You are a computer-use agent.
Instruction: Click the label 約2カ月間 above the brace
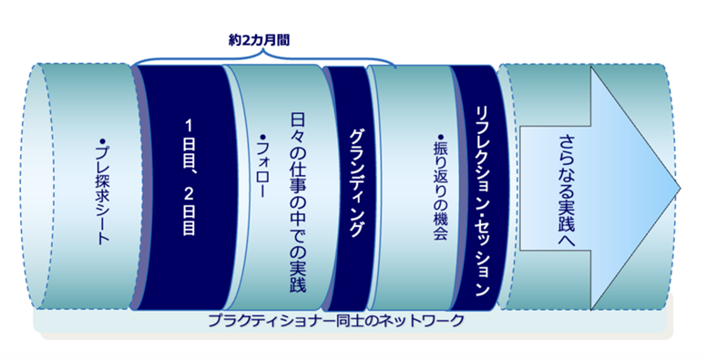259,40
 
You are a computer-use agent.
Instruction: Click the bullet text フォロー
262,167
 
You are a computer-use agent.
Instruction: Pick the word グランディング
356,182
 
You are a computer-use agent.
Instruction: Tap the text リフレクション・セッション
482,201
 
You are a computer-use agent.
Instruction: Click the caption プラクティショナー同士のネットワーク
336,321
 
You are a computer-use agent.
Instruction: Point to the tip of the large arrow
679,188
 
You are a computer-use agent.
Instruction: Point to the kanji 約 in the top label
234,40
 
